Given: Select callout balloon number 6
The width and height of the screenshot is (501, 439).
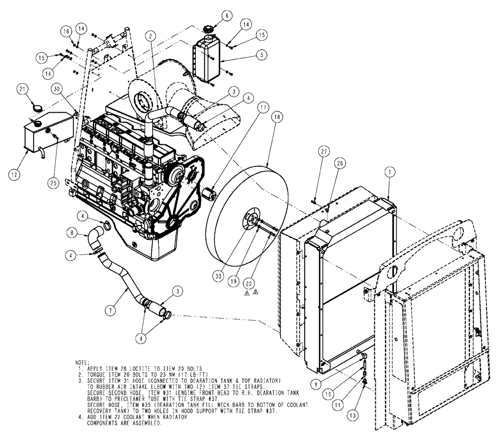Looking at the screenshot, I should click(225, 16).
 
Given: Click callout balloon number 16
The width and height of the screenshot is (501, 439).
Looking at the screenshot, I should click(66, 31).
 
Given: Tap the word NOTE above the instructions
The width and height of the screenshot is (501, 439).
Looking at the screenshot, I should click(81, 361).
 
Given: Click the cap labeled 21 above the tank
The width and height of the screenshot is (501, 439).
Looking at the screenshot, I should click(36, 107).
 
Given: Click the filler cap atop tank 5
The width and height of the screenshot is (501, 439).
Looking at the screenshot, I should click(207, 28).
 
